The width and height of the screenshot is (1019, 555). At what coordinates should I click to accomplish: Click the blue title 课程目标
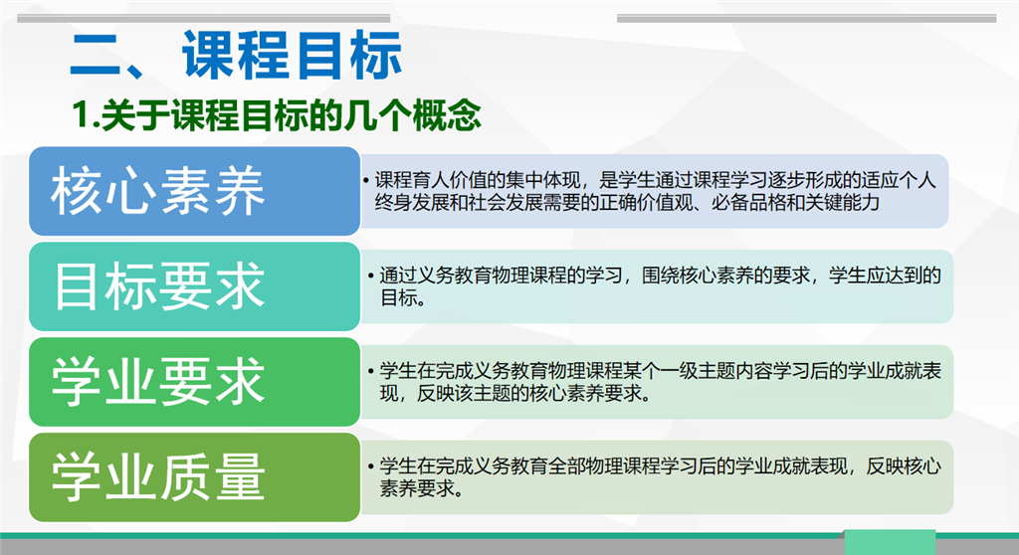point(292,56)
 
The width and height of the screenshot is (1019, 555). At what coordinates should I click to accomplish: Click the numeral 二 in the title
point(95,56)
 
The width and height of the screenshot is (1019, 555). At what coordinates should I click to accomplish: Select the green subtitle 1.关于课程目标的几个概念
point(277,115)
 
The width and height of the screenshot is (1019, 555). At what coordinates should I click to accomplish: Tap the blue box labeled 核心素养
point(194,191)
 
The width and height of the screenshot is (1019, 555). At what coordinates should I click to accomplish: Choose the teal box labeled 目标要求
point(194,286)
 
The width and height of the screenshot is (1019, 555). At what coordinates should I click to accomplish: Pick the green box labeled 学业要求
point(194,382)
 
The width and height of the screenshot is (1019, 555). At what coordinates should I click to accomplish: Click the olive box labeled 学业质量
point(194,477)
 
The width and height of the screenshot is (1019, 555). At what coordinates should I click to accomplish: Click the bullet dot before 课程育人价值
point(366,180)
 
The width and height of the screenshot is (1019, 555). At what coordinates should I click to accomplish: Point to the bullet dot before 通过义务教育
point(371,277)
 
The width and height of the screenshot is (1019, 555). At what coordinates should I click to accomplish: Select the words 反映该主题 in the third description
point(464,394)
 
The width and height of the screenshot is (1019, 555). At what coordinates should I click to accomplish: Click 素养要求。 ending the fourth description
point(422,488)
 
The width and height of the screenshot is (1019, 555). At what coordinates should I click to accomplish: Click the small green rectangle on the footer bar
point(890,542)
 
